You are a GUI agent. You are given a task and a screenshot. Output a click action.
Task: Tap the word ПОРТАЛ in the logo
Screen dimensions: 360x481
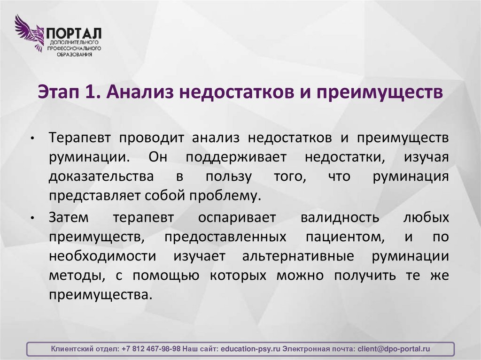pyautogui.click(x=74, y=34)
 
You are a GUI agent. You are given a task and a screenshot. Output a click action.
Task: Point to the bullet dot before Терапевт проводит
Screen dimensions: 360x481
pyautogui.click(x=32, y=140)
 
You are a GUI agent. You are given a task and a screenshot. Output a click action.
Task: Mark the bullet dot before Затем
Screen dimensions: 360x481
pyautogui.click(x=32, y=219)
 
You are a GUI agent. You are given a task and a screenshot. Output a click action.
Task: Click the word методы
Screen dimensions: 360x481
pyautogui.click(x=76, y=276)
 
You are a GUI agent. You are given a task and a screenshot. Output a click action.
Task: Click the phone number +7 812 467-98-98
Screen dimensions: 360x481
pyautogui.click(x=150, y=349)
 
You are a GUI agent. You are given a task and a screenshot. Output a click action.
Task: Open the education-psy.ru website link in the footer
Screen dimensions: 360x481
pyautogui.click(x=250, y=349)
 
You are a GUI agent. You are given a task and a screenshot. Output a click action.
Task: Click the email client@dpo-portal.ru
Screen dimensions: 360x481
pyautogui.click(x=394, y=349)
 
